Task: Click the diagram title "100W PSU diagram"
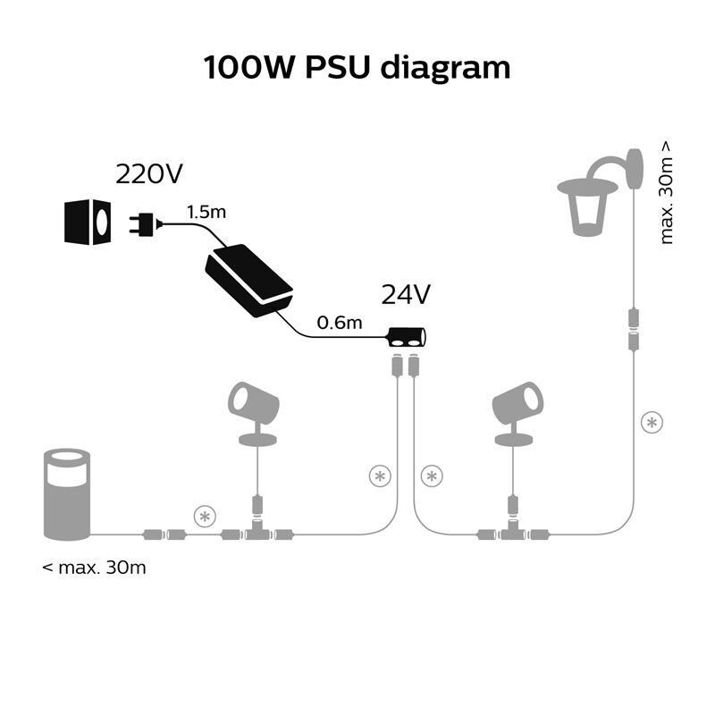[357, 68]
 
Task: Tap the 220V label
[150, 174]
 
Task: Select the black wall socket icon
[88, 222]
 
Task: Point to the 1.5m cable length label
[206, 213]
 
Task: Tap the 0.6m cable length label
[341, 323]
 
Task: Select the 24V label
[407, 294]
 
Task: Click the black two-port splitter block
[407, 338]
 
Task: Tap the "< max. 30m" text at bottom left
[94, 568]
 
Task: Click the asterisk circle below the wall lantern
[652, 422]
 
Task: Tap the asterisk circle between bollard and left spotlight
[206, 516]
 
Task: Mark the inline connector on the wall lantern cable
[634, 329]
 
